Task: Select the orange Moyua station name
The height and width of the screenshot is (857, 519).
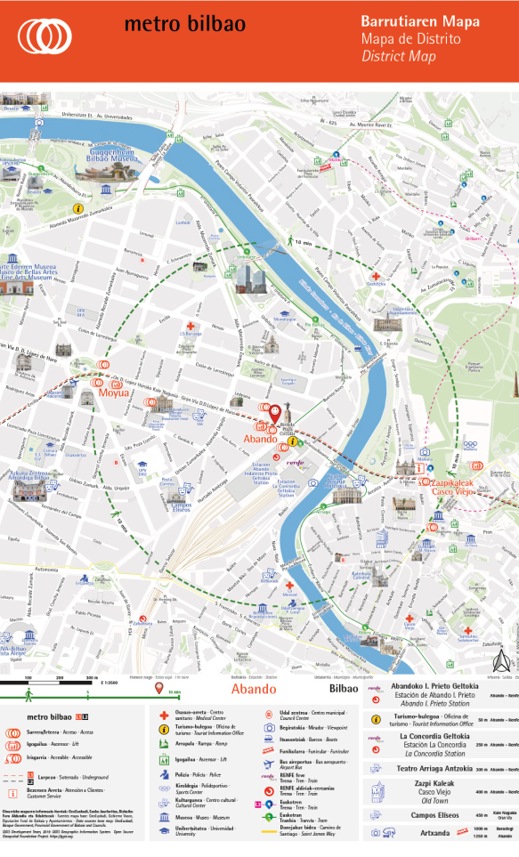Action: click(x=113, y=392)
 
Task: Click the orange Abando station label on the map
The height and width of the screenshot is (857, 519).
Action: click(x=261, y=439)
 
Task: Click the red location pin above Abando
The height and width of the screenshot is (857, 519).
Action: click(x=275, y=412)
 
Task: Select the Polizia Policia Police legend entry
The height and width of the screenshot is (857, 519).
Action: click(x=187, y=775)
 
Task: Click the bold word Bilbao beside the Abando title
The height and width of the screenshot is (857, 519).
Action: click(x=343, y=689)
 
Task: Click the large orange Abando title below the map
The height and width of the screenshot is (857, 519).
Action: click(x=254, y=689)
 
